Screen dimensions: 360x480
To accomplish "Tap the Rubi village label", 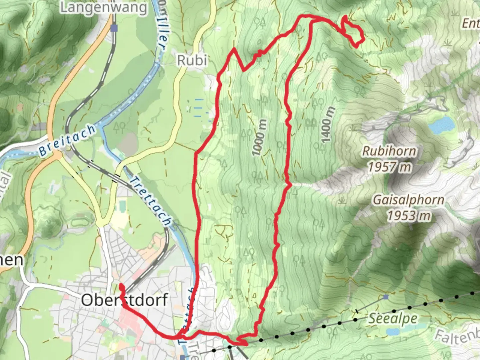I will pos(192,60).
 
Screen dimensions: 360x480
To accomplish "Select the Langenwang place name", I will pos(103,8).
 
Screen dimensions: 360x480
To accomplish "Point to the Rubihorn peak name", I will pos(389,151).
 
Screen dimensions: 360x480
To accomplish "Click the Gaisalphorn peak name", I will pos(408,200).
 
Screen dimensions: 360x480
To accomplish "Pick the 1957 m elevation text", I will pos(389,167).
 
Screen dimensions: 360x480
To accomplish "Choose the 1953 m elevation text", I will pos(408,216).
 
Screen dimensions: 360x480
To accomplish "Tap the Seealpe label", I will pos(392,319).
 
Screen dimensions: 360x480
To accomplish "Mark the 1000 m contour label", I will pos(259,137).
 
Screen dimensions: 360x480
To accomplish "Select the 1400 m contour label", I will pos(327,125).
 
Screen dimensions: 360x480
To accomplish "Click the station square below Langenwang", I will pos(114,28).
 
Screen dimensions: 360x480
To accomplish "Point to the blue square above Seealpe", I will pos(386,297).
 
